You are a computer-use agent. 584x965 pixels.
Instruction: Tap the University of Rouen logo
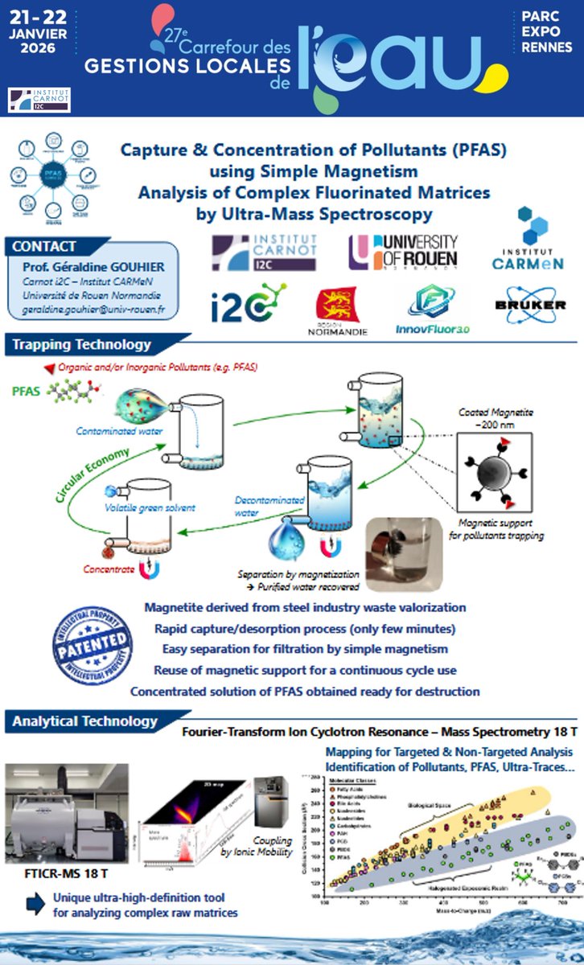[x=402, y=252]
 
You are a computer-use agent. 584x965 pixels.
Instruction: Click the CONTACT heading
[x=45, y=247]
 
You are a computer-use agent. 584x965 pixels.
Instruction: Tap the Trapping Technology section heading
[x=81, y=344]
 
